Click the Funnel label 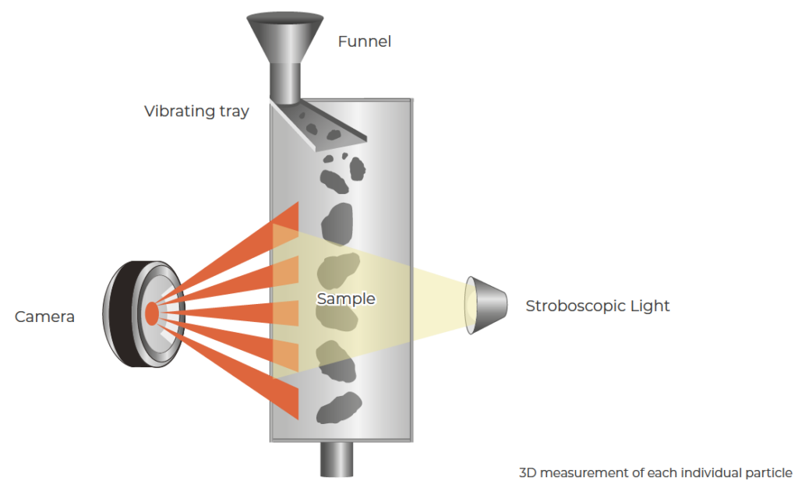point(364,41)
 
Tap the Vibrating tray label point(196,111)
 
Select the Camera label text point(44,316)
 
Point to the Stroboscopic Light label point(597,306)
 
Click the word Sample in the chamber point(345,299)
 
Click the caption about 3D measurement point(655,472)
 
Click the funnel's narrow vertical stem point(285,83)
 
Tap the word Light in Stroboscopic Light point(649,306)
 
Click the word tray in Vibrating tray point(233,111)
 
